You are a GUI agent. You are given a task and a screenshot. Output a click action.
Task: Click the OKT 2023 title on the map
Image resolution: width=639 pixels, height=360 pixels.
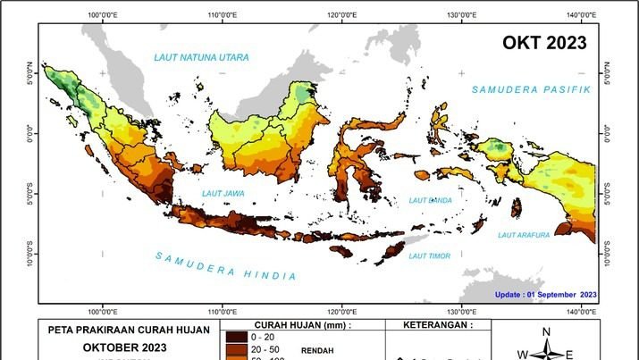click(544, 43)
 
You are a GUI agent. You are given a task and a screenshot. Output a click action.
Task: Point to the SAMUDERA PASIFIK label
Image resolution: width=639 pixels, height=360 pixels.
click(532, 89)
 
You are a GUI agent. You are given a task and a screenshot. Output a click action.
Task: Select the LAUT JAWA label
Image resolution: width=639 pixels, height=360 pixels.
click(223, 192)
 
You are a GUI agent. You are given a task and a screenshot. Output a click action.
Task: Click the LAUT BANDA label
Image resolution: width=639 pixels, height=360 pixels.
click(431, 200)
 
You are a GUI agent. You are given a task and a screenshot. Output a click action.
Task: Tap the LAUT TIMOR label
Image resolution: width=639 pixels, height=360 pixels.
click(427, 256)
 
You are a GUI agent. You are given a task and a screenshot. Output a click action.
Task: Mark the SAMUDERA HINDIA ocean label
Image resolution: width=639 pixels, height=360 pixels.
click(225, 265)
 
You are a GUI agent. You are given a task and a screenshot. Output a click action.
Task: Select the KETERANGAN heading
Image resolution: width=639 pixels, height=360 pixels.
click(438, 326)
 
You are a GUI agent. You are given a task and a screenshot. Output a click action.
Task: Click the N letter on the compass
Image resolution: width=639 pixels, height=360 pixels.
click(546, 332)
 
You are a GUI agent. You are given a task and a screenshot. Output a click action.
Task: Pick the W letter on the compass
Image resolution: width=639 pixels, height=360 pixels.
click(522, 354)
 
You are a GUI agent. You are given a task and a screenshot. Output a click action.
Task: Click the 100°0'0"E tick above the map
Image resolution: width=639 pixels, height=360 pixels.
click(104, 15)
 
